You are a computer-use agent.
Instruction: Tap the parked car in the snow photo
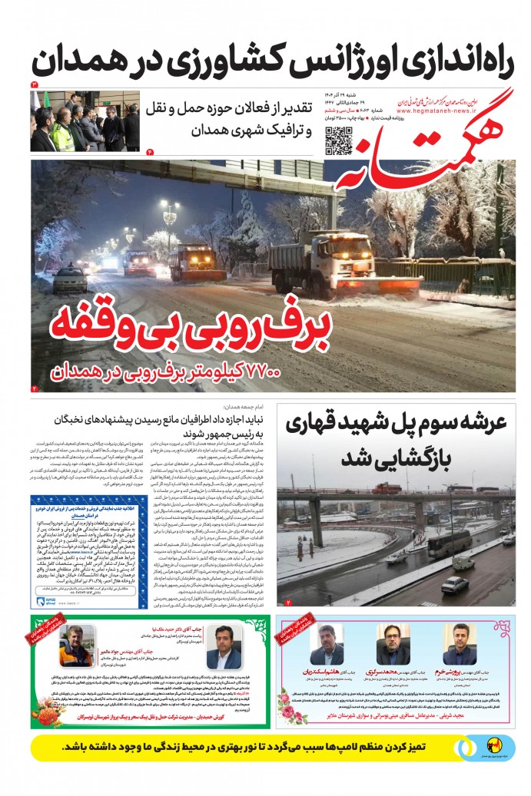tap(69, 280)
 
